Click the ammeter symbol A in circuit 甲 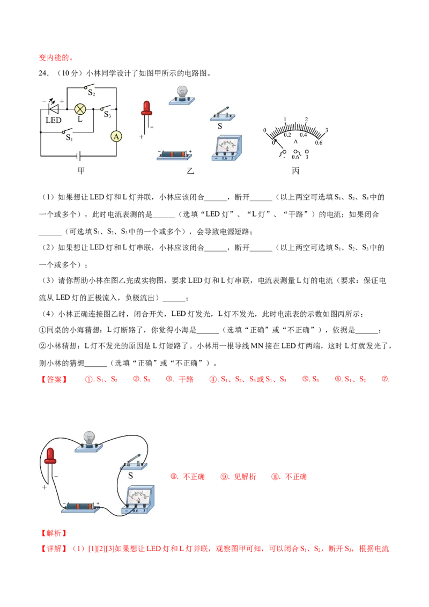point(116,136)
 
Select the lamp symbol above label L point(80,109)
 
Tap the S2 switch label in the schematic point(91,93)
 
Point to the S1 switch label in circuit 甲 point(69,137)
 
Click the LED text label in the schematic point(54,121)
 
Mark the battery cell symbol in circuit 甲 point(79,156)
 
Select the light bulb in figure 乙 point(182,95)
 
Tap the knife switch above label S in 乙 point(223,114)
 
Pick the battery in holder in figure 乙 point(175,155)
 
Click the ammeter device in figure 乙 point(226,148)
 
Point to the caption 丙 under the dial point(295,171)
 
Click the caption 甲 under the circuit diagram point(81,171)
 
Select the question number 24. point(44,73)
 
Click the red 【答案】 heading point(54,380)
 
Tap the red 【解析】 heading point(54,533)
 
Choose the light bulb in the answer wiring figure point(89,442)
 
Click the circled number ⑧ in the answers point(174,477)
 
